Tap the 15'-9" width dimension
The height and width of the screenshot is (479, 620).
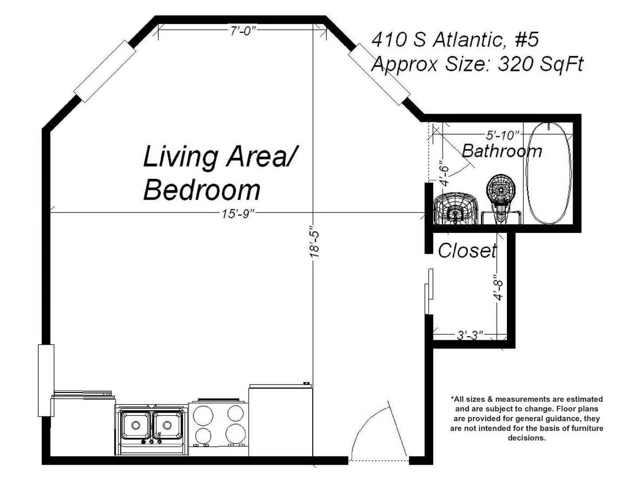(238, 214)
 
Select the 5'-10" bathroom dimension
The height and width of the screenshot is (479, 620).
(502, 135)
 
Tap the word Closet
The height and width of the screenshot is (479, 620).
(467, 251)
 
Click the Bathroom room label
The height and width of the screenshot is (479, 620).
(502, 151)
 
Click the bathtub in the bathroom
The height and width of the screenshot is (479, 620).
(549, 173)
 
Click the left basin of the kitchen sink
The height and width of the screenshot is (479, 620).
(136, 425)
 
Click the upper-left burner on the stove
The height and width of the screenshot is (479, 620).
(203, 415)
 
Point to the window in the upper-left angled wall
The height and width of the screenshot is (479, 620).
(104, 71)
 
